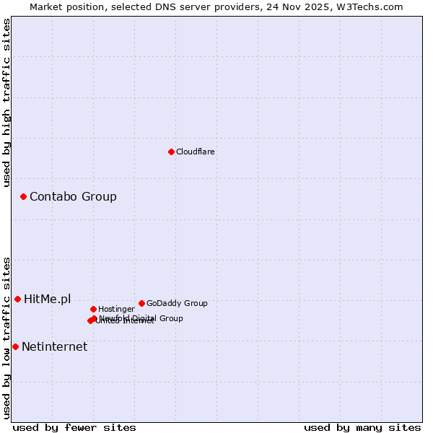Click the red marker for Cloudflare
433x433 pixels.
click(171, 152)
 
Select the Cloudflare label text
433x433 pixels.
click(196, 152)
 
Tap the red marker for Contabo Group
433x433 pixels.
click(23, 196)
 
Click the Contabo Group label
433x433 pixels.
click(73, 197)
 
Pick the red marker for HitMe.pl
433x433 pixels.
click(17, 299)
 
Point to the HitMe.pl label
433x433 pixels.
click(48, 299)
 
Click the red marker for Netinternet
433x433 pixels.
click(15, 346)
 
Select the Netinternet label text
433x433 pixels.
click(54, 347)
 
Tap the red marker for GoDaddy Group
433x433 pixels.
click(141, 303)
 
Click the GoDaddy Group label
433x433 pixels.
click(177, 304)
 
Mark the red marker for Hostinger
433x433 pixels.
click(93, 309)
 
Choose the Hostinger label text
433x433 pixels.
click(116, 310)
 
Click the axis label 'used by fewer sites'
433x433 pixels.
click(74, 428)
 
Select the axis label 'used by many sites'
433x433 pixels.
click(362, 428)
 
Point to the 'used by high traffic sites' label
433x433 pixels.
click(6, 102)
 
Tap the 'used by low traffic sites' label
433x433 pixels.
click(6, 338)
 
